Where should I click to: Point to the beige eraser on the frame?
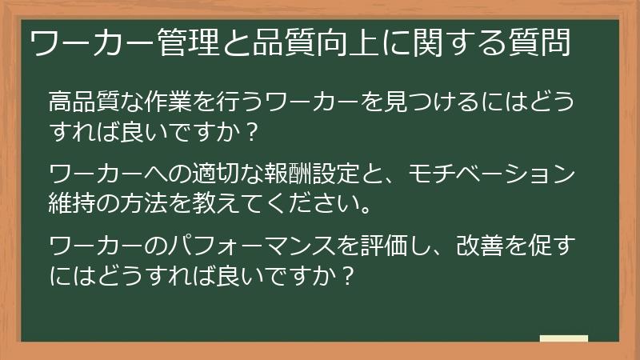[563, 338]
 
